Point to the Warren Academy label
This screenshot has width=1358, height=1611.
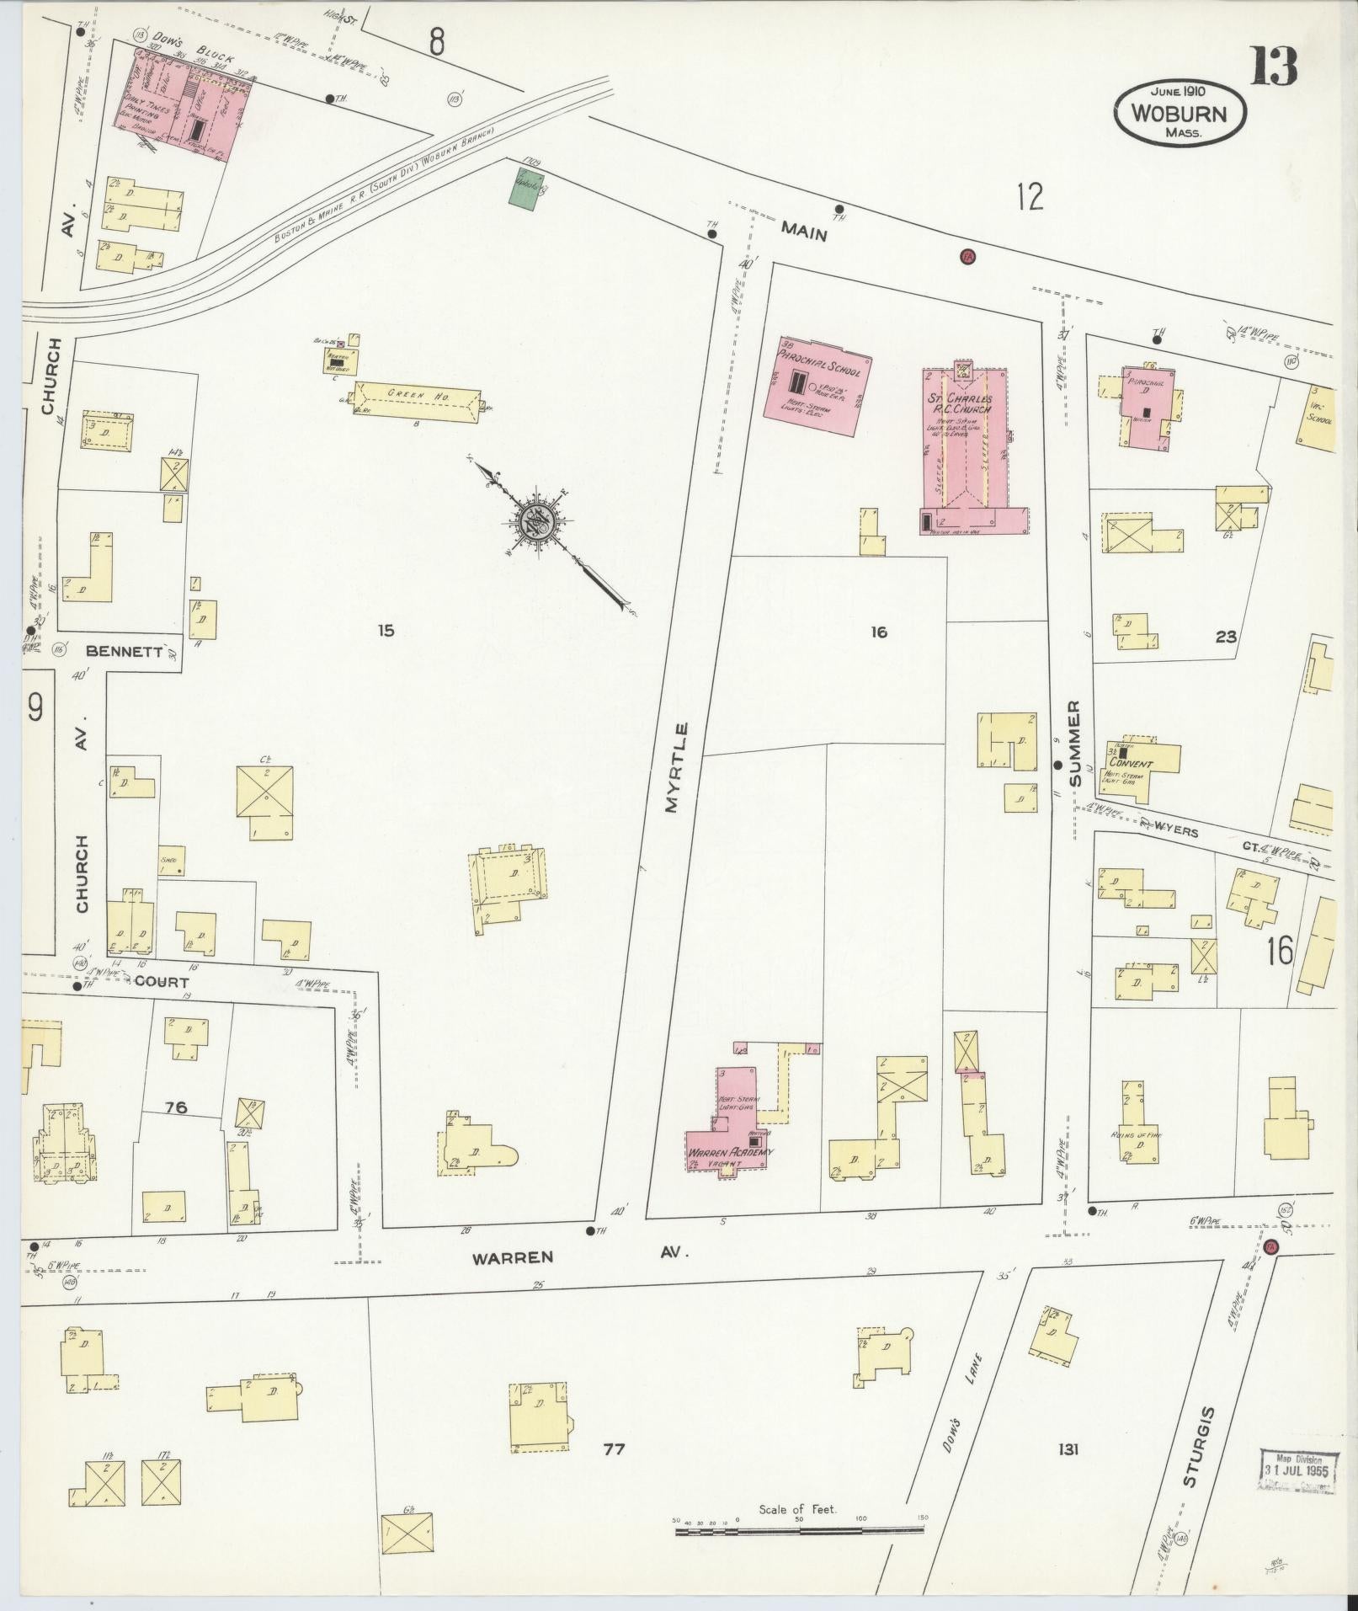730,1152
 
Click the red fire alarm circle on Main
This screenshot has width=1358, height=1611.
967,256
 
